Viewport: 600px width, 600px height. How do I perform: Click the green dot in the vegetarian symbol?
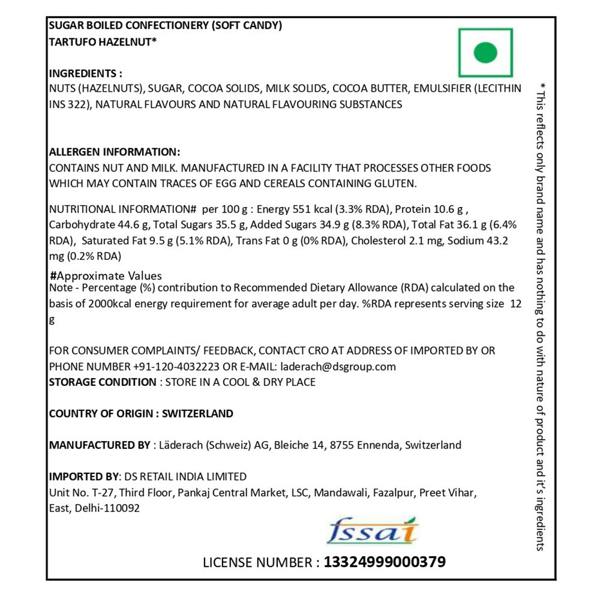485,52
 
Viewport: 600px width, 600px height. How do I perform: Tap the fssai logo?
373,531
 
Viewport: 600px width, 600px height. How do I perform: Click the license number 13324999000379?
385,562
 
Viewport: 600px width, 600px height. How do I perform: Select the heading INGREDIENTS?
85,73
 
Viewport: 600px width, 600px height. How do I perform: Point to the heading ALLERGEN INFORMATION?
114,152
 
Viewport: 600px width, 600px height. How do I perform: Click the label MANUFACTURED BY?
100,445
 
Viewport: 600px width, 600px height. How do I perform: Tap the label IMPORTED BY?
83,476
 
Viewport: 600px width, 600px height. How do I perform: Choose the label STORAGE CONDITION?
102,382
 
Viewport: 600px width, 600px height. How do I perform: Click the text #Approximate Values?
106,276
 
